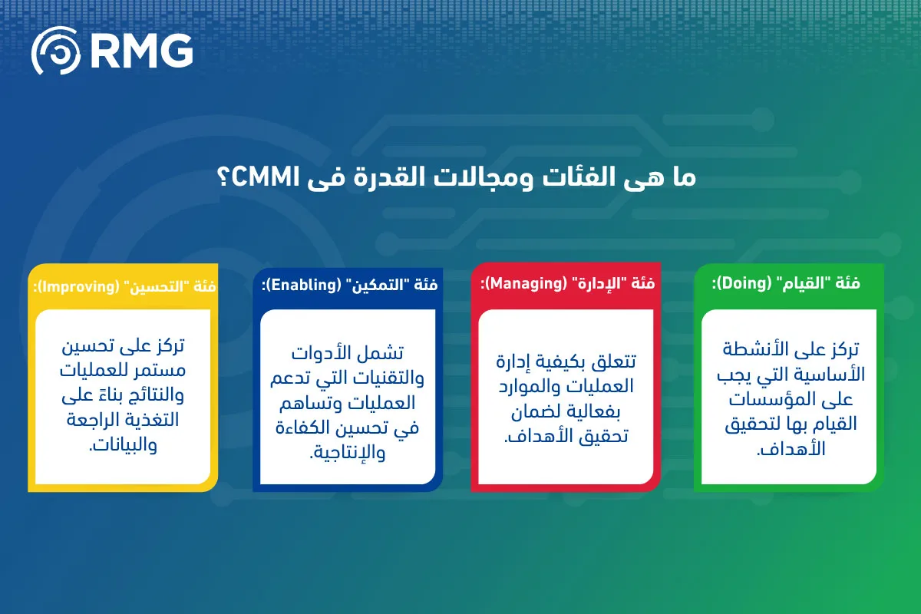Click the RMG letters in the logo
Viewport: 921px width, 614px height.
pos(141,51)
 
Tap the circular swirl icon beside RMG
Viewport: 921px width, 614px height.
pos(56,50)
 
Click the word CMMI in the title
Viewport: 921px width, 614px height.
pos(266,177)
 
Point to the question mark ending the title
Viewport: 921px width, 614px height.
pos(223,177)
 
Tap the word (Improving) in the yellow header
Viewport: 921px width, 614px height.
pos(79,286)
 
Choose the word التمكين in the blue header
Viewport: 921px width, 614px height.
pos(377,285)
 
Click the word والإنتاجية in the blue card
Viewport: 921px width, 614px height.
pos(348,453)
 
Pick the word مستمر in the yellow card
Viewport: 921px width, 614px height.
pos(163,370)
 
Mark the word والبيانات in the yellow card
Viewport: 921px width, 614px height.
pos(123,445)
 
